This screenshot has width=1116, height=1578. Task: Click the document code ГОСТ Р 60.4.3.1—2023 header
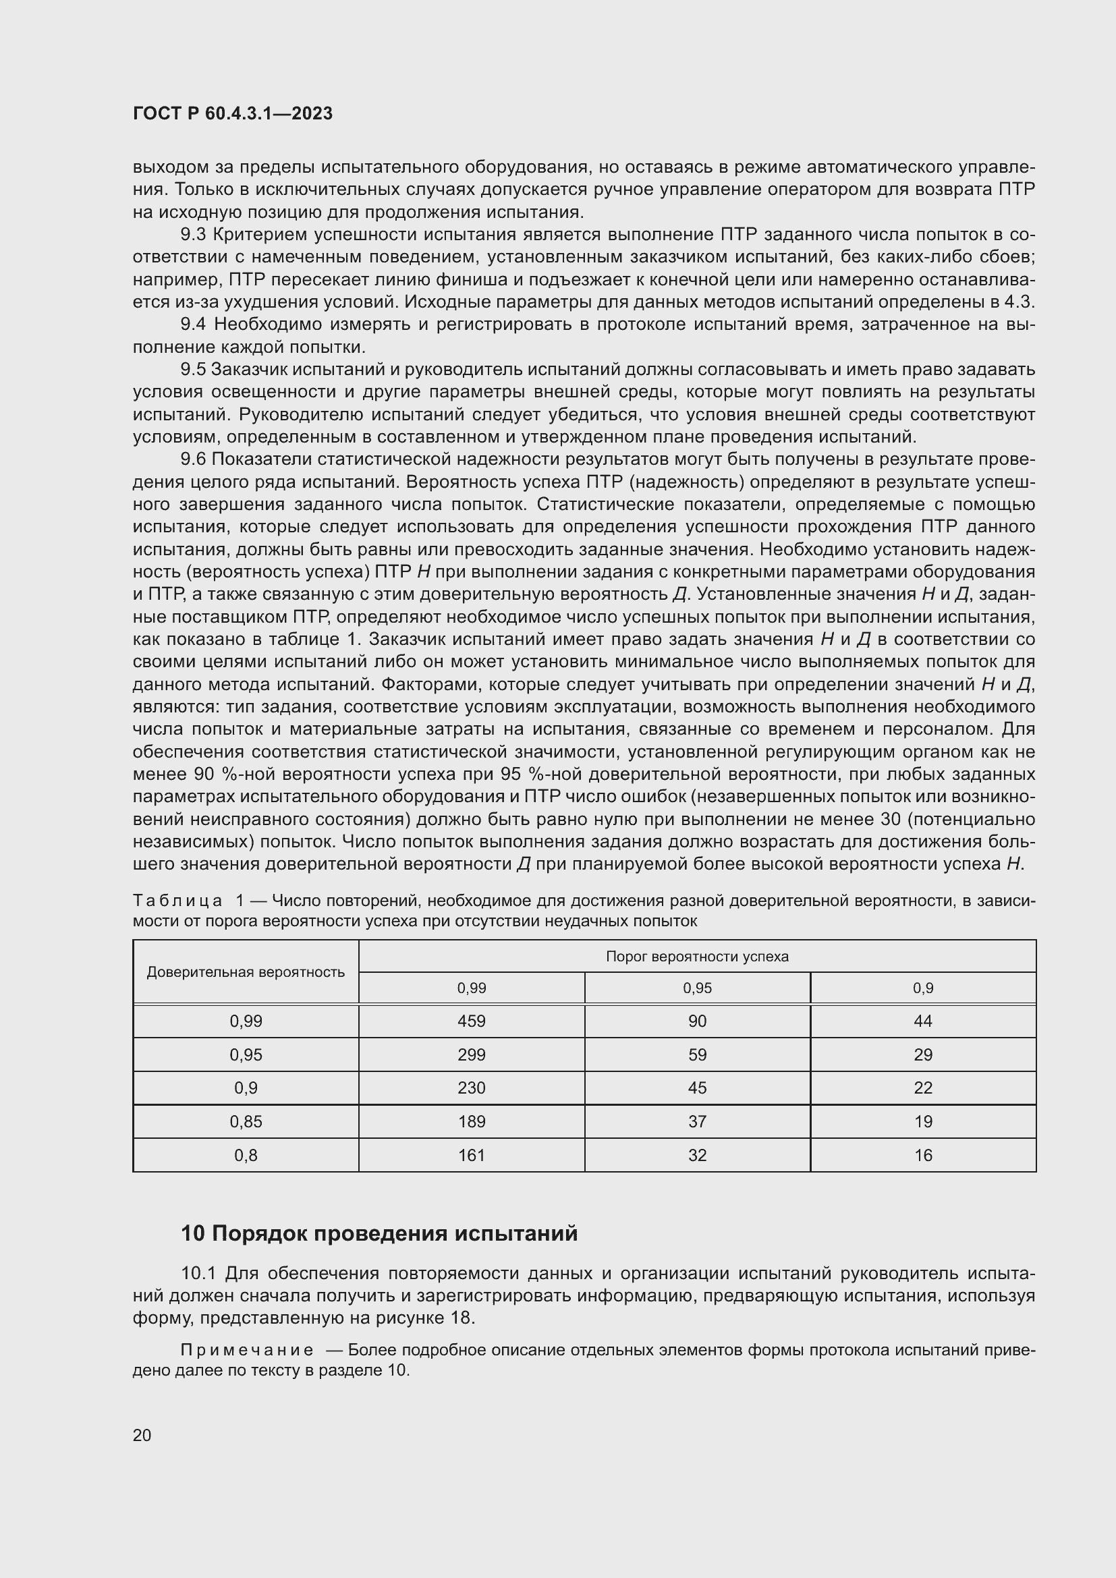coord(232,114)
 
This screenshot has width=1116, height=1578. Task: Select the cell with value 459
coord(472,1021)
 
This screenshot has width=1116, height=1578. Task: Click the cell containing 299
coord(472,1055)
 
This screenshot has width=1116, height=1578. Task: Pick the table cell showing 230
coord(472,1088)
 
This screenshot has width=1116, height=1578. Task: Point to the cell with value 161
coord(472,1155)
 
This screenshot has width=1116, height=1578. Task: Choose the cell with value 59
coord(697,1055)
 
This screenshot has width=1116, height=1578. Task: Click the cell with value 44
coord(923,1021)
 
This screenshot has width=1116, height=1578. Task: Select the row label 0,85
coord(246,1122)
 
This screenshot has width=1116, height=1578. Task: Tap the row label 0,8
coord(246,1155)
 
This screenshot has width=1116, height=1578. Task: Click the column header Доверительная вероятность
coord(246,971)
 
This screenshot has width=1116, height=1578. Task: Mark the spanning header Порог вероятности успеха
coord(697,957)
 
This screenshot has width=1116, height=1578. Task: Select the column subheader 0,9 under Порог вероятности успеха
coord(923,988)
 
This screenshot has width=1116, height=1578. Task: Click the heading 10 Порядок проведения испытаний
coord(379,1234)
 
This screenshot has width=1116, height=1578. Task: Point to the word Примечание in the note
coord(247,1350)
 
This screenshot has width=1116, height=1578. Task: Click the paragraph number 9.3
coord(193,235)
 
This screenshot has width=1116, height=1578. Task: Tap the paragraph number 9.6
coord(193,460)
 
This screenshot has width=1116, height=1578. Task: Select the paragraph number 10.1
coord(198,1274)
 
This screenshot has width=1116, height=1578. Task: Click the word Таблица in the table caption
coord(177,901)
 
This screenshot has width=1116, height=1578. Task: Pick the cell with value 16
coord(923,1155)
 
